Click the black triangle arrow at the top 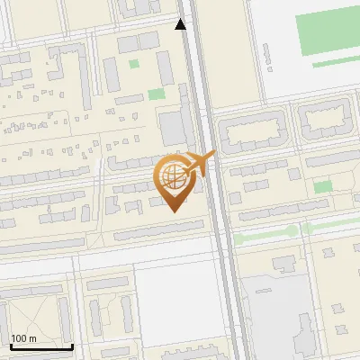point(181,24)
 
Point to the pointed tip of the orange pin point(175,212)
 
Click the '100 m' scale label point(23,338)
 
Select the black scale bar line point(40,346)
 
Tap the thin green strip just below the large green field point(335,63)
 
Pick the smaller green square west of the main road point(134,64)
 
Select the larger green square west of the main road point(157,94)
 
